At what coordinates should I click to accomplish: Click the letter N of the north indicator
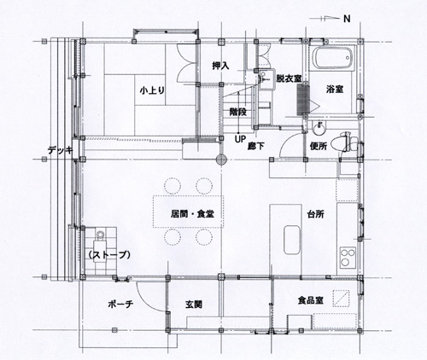coord(347,19)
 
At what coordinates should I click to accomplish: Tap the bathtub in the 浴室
coord(332,58)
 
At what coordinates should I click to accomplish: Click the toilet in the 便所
coord(349,142)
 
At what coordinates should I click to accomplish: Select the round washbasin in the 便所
coord(319,130)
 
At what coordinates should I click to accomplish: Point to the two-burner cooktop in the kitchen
coord(348,257)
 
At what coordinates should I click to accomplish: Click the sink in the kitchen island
coord(292,240)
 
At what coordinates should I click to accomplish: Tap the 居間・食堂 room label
coord(192,214)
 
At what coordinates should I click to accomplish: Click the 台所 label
coord(316,214)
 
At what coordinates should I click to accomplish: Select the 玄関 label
coord(194,305)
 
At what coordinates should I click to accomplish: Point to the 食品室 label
coord(310,300)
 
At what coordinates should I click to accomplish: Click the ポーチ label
coord(120,305)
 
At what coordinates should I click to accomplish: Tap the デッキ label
coord(61,150)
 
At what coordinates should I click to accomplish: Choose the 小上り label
coord(152,90)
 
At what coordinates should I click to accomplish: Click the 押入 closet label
coord(220,66)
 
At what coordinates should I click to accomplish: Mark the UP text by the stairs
coord(240,139)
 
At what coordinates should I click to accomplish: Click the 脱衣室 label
coord(289,78)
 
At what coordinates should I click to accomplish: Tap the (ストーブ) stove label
coord(109,255)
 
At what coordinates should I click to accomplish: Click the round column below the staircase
coord(221,160)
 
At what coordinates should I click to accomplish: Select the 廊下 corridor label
coord(255,146)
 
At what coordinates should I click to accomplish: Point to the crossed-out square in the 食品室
coord(342,299)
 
